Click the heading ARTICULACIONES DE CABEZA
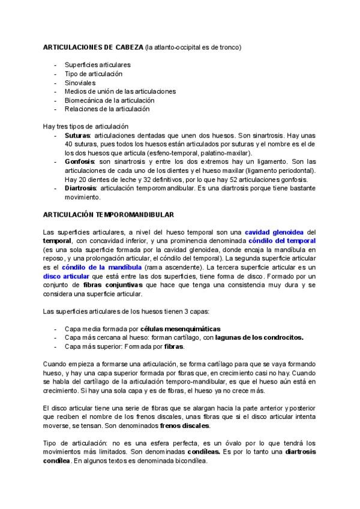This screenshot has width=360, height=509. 89,47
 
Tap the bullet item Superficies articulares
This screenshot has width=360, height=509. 97,64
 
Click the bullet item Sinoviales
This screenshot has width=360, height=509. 80,82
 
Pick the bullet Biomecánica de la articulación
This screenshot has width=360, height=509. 109,100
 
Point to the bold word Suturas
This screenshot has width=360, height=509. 77,136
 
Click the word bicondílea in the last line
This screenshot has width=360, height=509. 187,461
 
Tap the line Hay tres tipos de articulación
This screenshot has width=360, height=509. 86,127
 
